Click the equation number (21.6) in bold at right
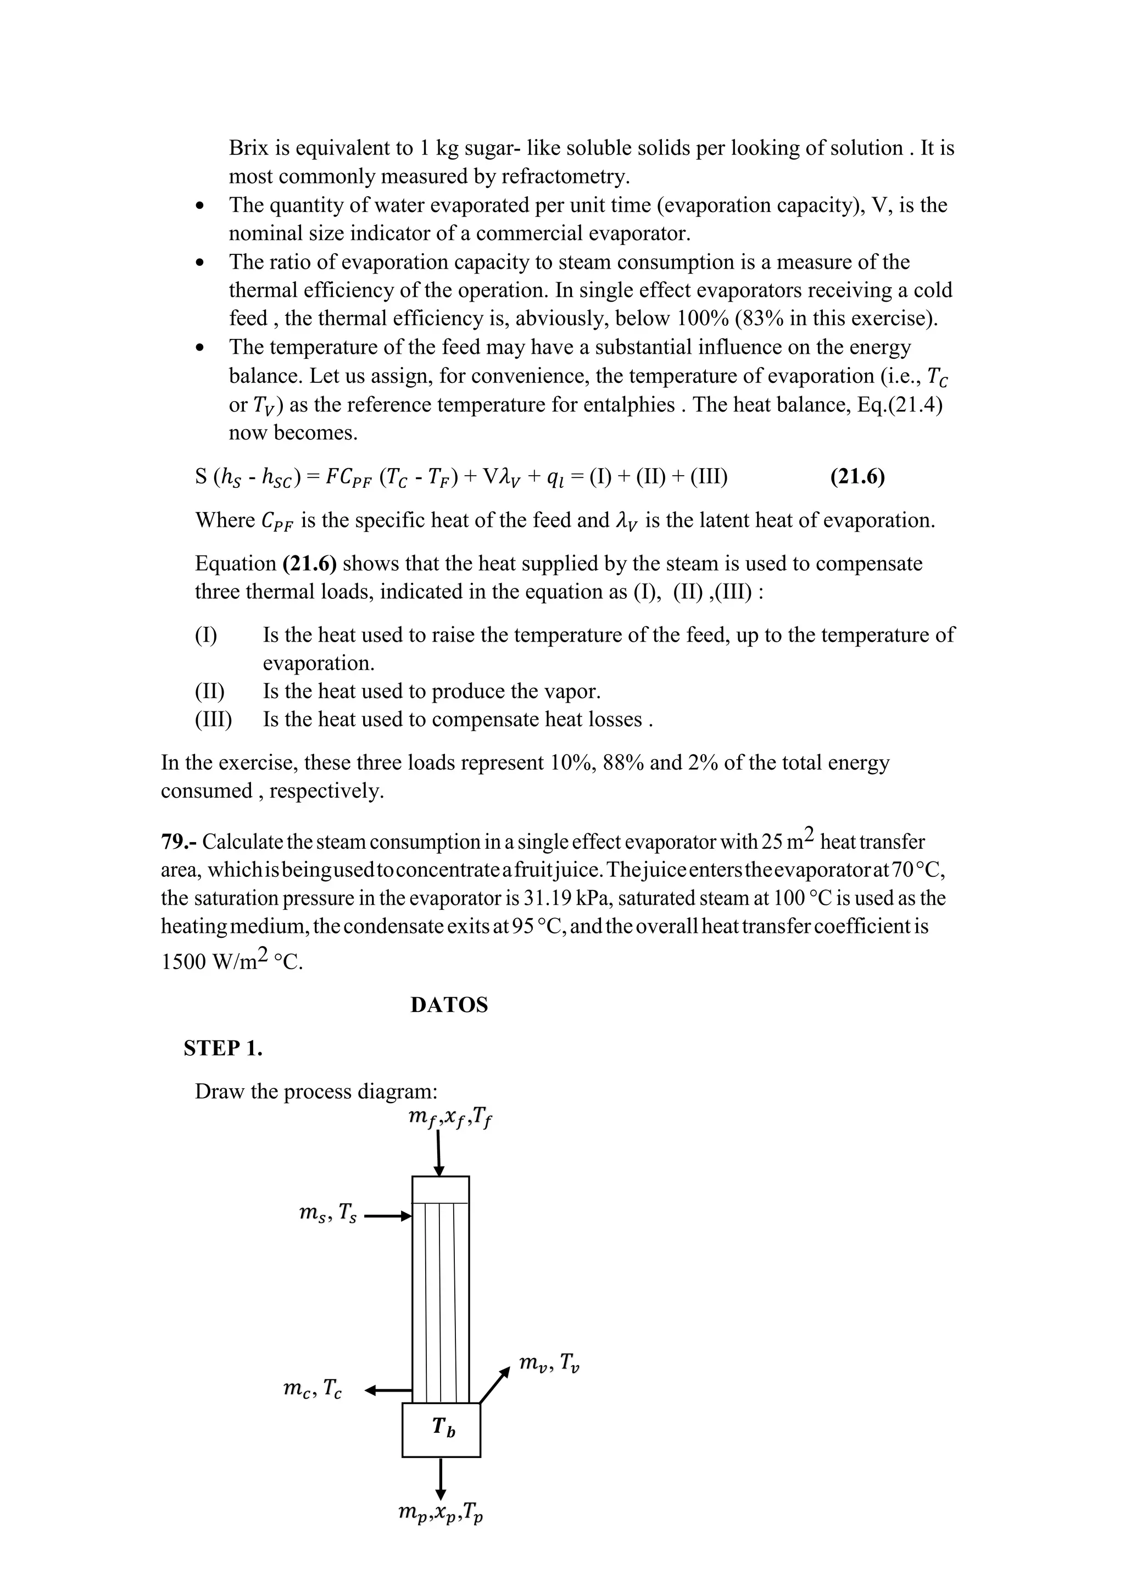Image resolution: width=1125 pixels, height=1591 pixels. coord(857,477)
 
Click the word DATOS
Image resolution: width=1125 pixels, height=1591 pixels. coord(449,1005)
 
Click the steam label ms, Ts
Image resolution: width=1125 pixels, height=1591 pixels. coord(327,1214)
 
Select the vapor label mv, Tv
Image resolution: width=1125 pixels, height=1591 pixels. coord(549,1363)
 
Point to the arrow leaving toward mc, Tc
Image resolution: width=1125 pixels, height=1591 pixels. coord(388,1389)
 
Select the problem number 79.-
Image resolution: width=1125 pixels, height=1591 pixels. coord(179,842)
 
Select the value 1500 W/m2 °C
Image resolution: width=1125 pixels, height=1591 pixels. coord(232,962)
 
